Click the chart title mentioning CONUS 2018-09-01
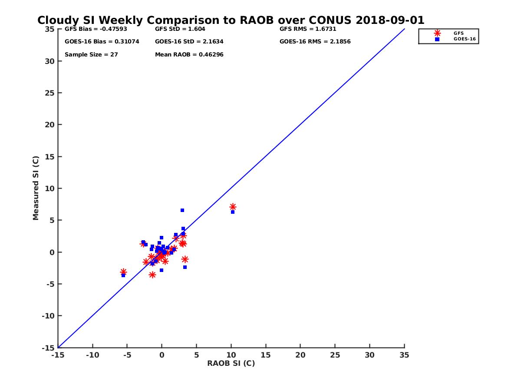tap(231, 20)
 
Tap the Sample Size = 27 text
tap(91, 55)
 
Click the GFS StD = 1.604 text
tap(180, 29)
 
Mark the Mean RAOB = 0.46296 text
tap(189, 55)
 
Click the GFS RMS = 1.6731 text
tap(308, 29)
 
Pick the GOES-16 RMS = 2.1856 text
tap(315, 42)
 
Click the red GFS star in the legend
tap(437, 33)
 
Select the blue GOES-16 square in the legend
tap(437, 39)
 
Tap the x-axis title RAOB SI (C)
tap(231, 363)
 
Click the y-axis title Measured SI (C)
tap(36, 188)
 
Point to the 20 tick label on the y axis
tap(50, 125)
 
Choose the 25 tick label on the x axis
tap(335, 355)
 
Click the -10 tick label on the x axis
tap(92, 355)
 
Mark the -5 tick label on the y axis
tap(49, 284)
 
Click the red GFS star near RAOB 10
tap(233, 207)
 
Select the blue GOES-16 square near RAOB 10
tap(233, 212)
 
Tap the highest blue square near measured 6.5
tap(182, 210)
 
